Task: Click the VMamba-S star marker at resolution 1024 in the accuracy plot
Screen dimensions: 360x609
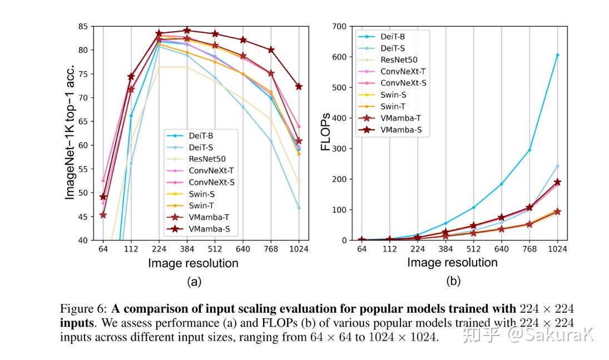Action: [299, 86]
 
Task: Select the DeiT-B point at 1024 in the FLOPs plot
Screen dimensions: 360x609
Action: [557, 55]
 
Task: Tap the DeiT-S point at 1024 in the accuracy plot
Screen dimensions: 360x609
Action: [299, 208]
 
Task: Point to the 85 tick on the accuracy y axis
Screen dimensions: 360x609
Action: [83, 26]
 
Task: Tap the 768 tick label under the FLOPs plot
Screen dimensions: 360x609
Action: [529, 249]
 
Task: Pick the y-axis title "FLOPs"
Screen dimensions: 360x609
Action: [326, 133]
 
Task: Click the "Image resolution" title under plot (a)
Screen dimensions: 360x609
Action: [193, 263]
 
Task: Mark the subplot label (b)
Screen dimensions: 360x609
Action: [453, 281]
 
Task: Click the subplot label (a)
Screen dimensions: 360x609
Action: [194, 281]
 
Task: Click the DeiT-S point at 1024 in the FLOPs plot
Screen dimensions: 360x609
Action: [557, 166]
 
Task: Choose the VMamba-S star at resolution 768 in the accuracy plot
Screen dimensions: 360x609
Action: [271, 50]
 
